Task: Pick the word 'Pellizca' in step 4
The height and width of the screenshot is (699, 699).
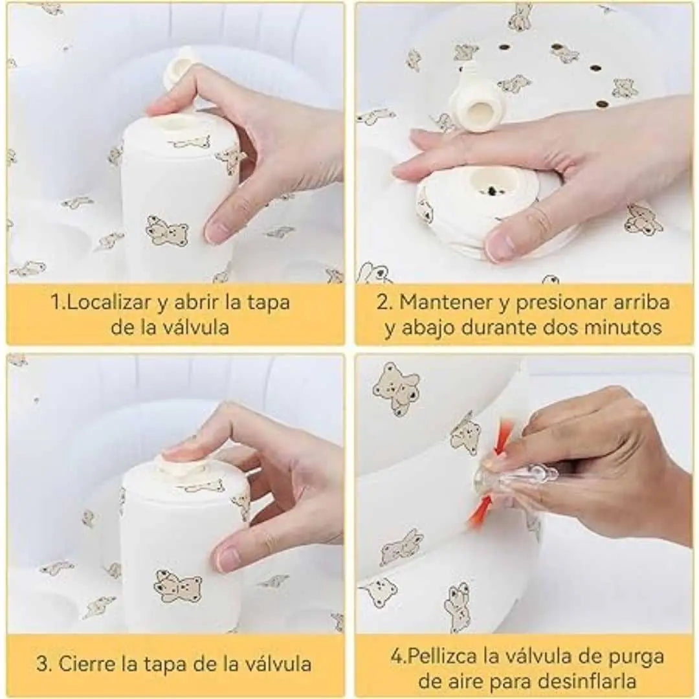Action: tap(442, 656)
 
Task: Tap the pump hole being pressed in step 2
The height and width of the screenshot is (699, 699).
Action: tap(491, 188)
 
